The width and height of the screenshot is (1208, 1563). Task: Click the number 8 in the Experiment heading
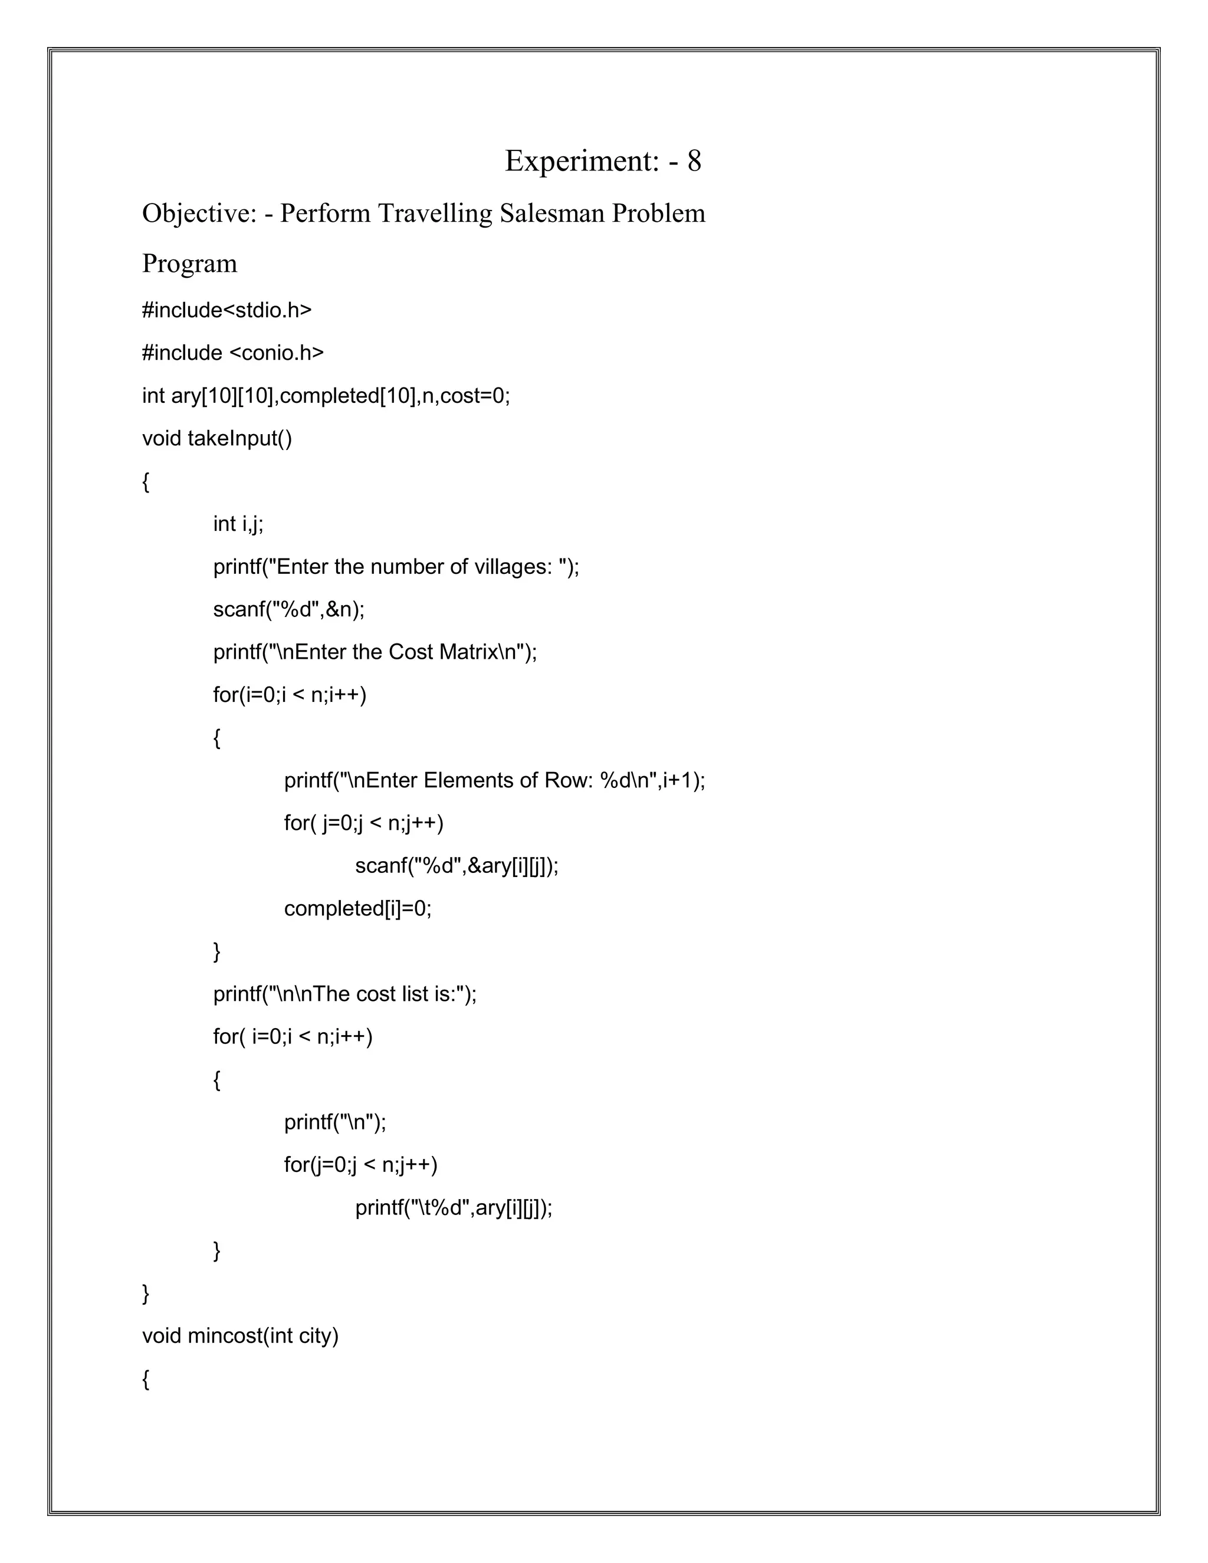point(694,160)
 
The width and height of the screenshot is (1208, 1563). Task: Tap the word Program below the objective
point(190,264)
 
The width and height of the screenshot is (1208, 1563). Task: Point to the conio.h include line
point(232,353)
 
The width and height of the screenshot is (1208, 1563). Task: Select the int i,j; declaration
point(238,524)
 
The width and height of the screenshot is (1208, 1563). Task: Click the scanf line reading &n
point(288,609)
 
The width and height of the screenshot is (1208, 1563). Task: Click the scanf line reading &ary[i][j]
point(457,866)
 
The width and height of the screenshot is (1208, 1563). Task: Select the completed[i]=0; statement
point(358,908)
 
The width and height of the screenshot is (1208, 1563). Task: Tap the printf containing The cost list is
point(344,994)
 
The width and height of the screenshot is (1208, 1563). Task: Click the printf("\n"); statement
point(335,1122)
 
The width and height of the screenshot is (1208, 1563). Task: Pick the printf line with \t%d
point(454,1208)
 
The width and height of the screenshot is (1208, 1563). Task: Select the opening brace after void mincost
point(146,1380)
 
